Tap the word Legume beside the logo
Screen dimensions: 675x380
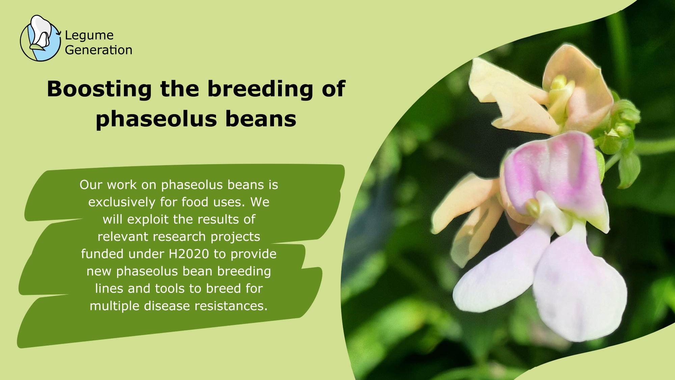click(89, 35)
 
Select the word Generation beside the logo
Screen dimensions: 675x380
click(99, 50)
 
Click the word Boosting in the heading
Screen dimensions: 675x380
click(99, 90)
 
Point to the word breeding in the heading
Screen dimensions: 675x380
click(260, 90)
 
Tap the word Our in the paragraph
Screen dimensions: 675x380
click(91, 185)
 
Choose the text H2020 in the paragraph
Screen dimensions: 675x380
click(189, 254)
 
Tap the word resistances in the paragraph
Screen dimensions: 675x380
click(231, 306)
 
